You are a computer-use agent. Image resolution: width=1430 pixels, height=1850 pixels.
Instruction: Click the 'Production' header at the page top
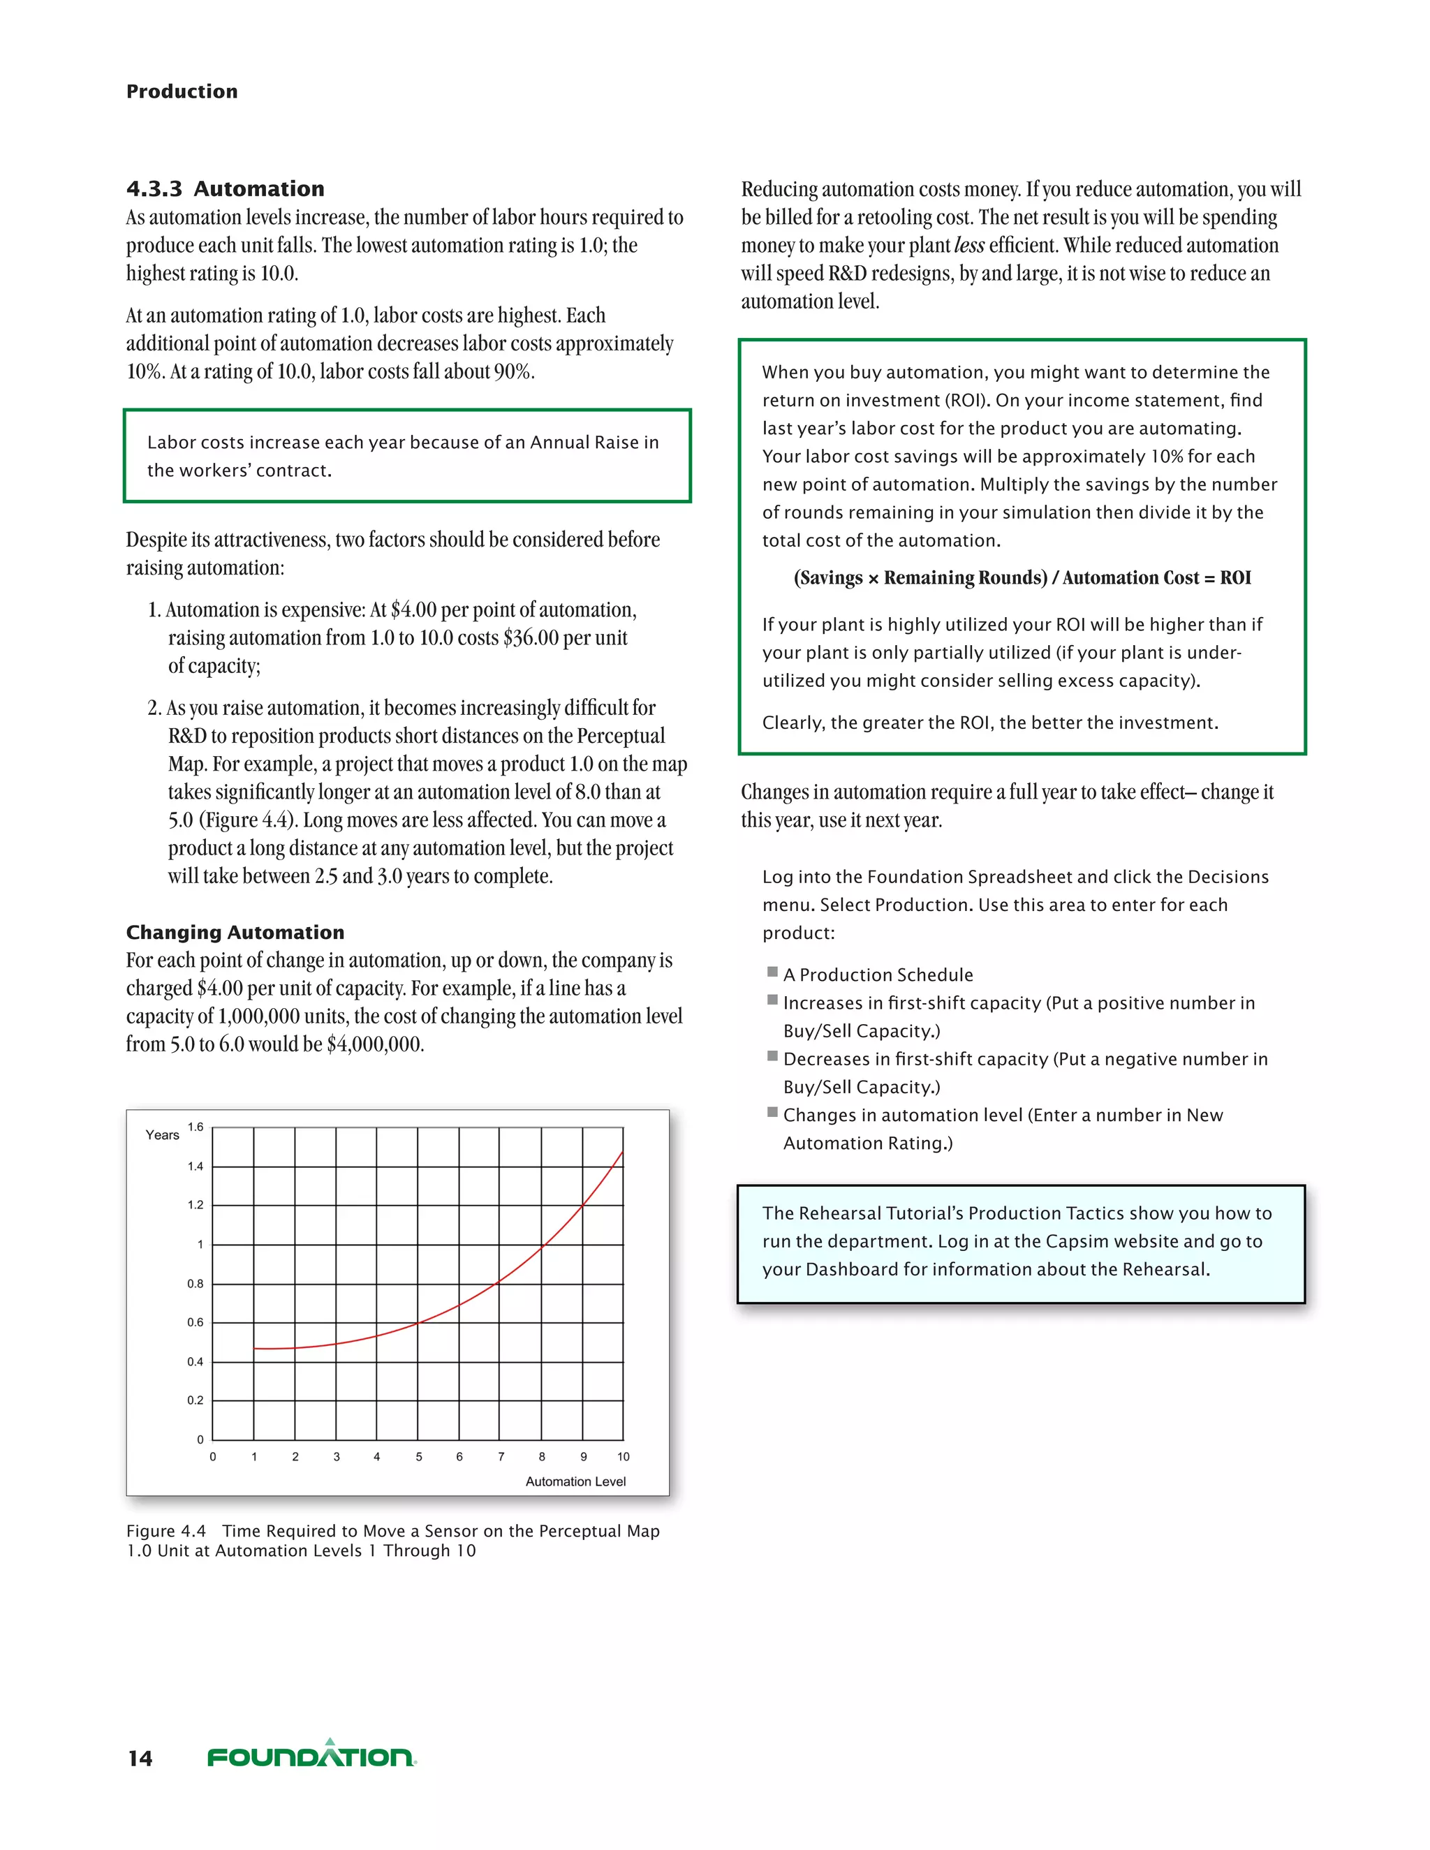pyautogui.click(x=182, y=91)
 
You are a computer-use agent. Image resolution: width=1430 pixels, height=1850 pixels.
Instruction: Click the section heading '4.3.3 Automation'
pyautogui.click(x=226, y=189)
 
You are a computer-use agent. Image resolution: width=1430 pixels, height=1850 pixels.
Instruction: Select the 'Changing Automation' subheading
pyautogui.click(x=235, y=932)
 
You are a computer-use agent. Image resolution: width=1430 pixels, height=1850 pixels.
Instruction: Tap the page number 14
pyautogui.click(x=140, y=1759)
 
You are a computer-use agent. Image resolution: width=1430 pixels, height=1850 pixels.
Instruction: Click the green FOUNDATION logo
pyautogui.click(x=311, y=1755)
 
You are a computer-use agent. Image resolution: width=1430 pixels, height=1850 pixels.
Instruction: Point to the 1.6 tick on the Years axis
pyautogui.click(x=196, y=1127)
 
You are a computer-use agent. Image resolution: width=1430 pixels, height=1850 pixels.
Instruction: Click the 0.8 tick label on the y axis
pyautogui.click(x=196, y=1283)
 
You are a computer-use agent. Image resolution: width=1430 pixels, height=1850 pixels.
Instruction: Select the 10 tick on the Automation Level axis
pyautogui.click(x=623, y=1457)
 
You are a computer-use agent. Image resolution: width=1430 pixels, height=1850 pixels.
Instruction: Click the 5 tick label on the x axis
pyautogui.click(x=418, y=1457)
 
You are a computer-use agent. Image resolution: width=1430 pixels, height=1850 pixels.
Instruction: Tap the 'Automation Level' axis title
pyautogui.click(x=575, y=1481)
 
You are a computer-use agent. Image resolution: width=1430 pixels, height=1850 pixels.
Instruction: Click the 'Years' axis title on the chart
pyautogui.click(x=162, y=1135)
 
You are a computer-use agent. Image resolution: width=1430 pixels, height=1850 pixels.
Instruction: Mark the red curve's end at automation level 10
pyautogui.click(x=623, y=1153)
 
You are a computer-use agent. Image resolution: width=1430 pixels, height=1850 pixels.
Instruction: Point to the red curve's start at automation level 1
pyautogui.click(x=254, y=1347)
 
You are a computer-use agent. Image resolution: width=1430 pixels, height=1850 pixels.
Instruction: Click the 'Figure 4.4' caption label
pyautogui.click(x=166, y=1531)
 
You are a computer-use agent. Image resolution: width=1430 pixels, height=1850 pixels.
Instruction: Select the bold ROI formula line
pyautogui.click(x=1022, y=578)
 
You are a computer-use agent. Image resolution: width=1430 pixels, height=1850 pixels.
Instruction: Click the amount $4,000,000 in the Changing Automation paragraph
pyautogui.click(x=374, y=1044)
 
